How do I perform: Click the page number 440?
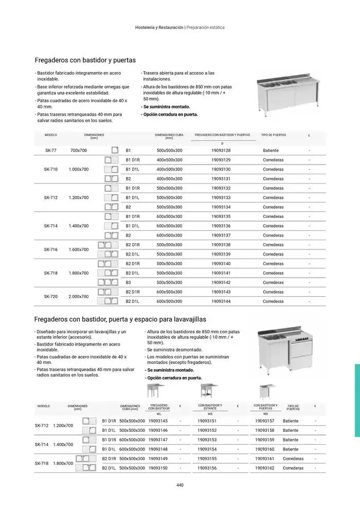coord(179,485)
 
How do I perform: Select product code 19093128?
coord(221,151)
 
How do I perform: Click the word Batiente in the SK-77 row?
coord(271,151)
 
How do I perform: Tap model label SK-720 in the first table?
coord(50,297)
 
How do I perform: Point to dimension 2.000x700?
coord(79,297)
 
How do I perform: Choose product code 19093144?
coord(221,301)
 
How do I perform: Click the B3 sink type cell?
coord(129,282)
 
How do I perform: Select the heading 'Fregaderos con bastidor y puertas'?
coord(85,60)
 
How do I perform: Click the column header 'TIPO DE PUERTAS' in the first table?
coord(274,135)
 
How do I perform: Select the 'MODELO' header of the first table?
coord(51,135)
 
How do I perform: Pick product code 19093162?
coord(264,468)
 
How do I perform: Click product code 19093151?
coord(207,421)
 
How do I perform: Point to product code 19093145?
coord(158,421)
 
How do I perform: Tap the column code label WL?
coord(159,413)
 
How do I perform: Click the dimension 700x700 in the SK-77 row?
coord(79,151)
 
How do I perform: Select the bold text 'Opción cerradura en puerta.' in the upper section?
coord(170,115)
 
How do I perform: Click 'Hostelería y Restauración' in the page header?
coord(159,27)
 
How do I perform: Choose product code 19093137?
coord(221,235)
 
